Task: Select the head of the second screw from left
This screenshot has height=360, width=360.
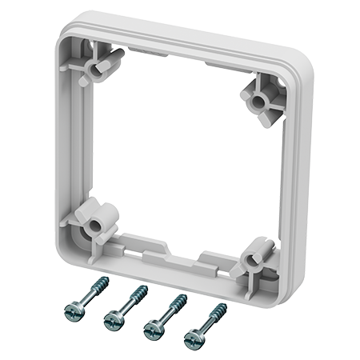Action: (x=114, y=320)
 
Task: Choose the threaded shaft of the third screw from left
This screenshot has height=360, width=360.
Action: (x=172, y=310)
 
